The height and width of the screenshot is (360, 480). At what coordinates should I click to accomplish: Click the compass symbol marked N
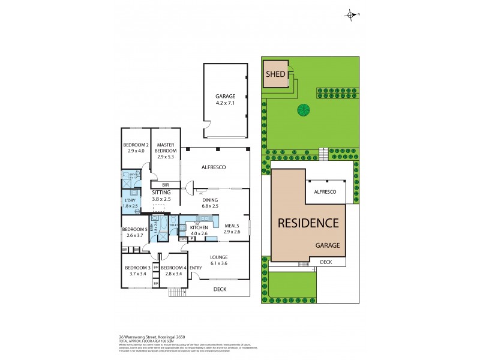(x=350, y=14)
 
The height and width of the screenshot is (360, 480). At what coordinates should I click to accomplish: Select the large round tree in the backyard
(x=304, y=110)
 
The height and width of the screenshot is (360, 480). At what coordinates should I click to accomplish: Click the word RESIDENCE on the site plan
(x=308, y=223)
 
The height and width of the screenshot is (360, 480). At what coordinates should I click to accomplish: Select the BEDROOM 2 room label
(x=136, y=148)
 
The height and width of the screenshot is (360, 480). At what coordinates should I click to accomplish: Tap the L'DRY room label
(x=131, y=202)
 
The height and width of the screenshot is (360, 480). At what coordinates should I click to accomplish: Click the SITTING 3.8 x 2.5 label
(x=161, y=195)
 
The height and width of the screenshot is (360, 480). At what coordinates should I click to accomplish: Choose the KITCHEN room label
(x=199, y=231)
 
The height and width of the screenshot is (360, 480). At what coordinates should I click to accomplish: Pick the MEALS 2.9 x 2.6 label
(x=232, y=228)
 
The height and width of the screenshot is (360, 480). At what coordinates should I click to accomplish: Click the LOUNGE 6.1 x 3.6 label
(x=218, y=260)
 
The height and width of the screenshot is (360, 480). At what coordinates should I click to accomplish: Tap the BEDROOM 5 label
(x=134, y=232)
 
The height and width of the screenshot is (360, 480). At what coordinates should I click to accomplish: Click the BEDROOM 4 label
(x=174, y=271)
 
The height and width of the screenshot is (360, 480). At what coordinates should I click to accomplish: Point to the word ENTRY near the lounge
(x=196, y=268)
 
